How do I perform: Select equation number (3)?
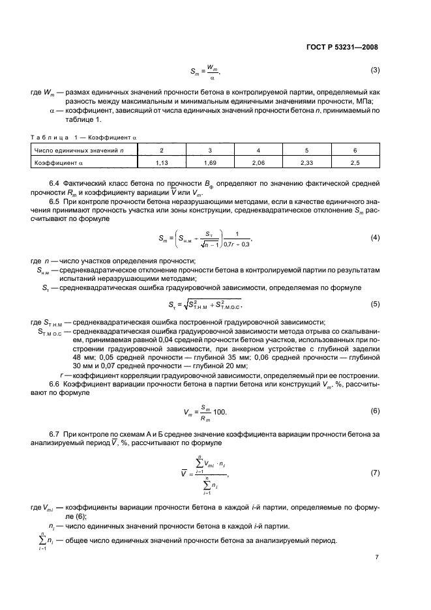(375, 70)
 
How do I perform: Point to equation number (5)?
(375, 304)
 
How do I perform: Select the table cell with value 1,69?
(210, 162)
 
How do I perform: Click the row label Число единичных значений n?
(72, 151)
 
